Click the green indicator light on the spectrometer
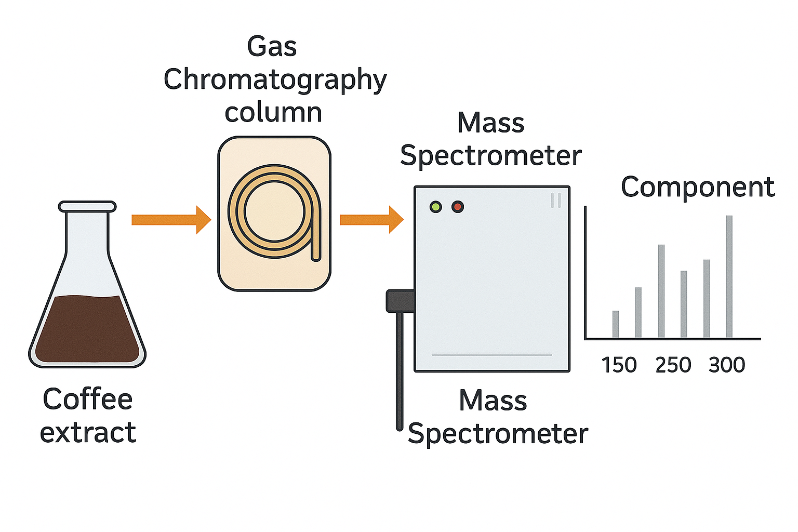[x=435, y=207]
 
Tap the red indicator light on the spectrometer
[x=458, y=207]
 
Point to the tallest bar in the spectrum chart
[x=729, y=276]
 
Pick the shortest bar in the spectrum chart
[x=616, y=324]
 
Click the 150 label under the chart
[x=619, y=365]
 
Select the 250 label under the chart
[x=673, y=365]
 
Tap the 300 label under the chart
[x=727, y=365]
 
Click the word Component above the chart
[x=698, y=187]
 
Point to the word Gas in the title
[x=272, y=47]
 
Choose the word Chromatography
[x=275, y=81]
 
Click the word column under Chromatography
[x=273, y=113]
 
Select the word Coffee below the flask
[x=88, y=400]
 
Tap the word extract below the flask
[x=88, y=433]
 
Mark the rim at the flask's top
[x=87, y=207]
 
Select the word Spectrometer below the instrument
[x=498, y=434]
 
